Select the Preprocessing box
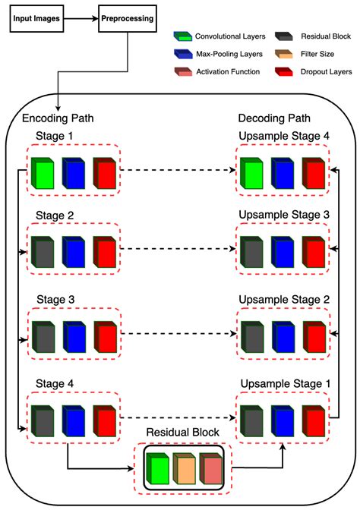pyautogui.click(x=128, y=17)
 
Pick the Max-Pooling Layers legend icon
pyautogui.click(x=182, y=54)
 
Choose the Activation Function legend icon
pyautogui.click(x=182, y=72)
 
